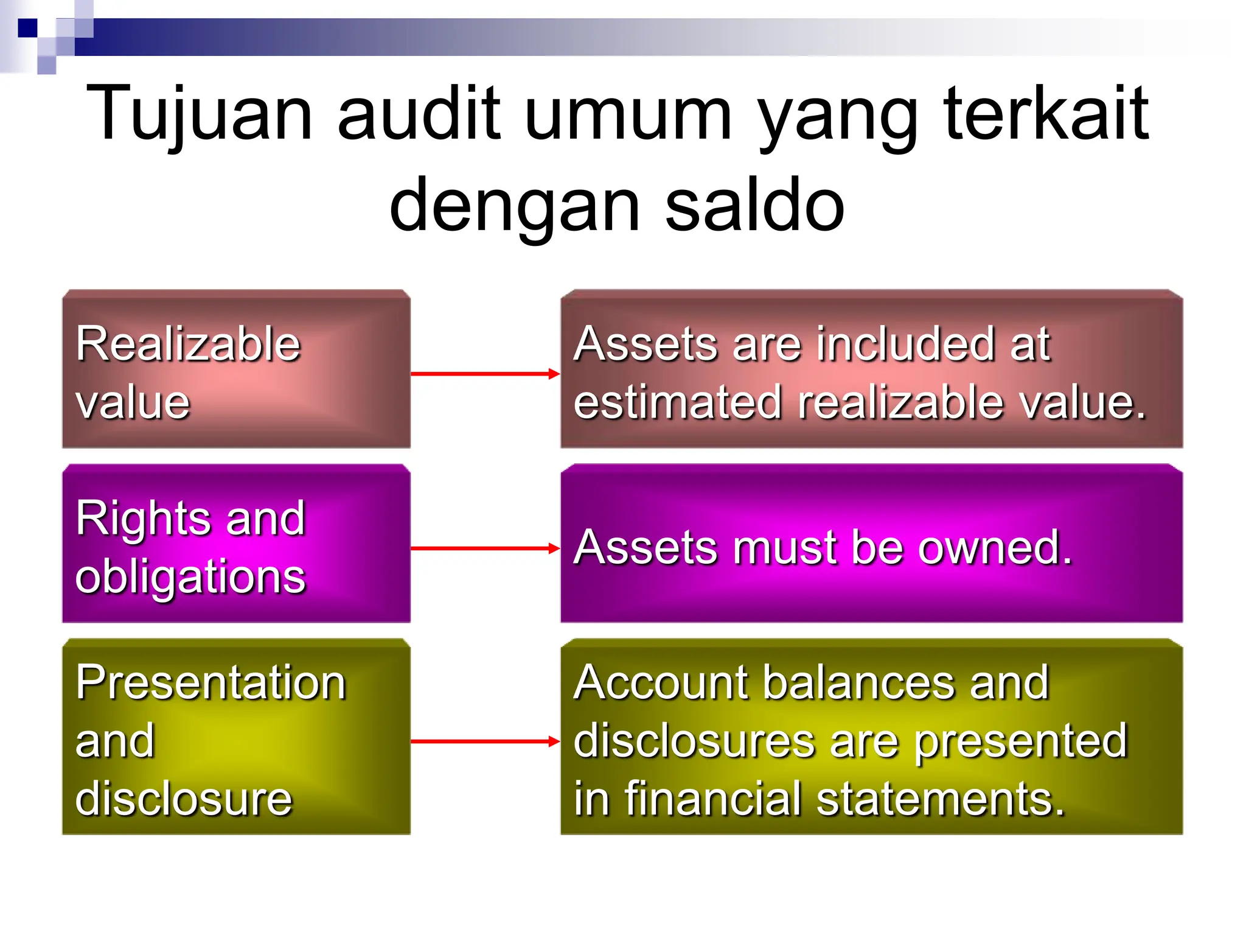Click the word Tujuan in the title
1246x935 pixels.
[x=200, y=114]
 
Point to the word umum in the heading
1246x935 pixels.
[x=627, y=114]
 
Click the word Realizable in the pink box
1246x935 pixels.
[x=188, y=345]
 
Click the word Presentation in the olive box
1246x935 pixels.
[x=211, y=683]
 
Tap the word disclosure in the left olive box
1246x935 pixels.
[x=184, y=799]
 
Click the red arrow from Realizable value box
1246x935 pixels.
[x=484, y=374]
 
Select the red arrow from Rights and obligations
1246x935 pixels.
[x=484, y=548]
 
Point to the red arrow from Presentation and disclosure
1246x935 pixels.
[x=484, y=741]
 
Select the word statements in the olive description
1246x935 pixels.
[x=940, y=800]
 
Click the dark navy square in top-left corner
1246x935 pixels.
[x=27, y=28]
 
